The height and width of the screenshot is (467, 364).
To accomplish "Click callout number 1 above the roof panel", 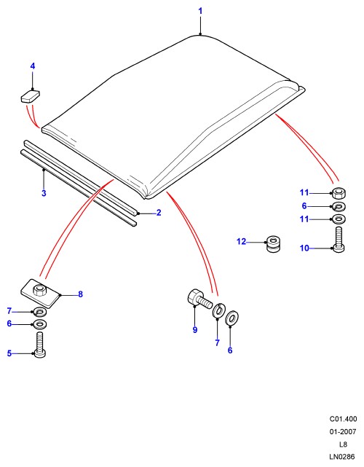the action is click(x=200, y=12).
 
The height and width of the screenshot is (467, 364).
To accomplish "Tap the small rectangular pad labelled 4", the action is click(x=30, y=95).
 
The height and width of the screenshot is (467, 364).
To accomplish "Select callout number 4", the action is click(x=33, y=66).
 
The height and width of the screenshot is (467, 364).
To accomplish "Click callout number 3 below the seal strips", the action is click(x=44, y=193).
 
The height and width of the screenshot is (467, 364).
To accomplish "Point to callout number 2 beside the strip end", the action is click(x=159, y=212).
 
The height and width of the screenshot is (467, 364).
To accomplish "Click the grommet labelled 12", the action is click(x=273, y=244).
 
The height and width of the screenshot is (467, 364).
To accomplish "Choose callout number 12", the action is click(x=242, y=241).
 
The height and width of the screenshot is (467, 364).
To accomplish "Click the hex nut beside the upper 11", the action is click(x=339, y=194).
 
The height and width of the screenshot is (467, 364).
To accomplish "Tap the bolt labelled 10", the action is click(x=339, y=240).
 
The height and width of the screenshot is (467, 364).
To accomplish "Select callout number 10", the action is click(x=304, y=248).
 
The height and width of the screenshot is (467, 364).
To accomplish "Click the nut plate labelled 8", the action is click(x=40, y=294).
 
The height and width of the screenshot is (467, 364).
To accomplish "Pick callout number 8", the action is click(x=80, y=294).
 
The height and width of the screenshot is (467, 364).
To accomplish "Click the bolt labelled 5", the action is click(x=40, y=345).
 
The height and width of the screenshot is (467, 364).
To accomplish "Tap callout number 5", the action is click(x=9, y=353).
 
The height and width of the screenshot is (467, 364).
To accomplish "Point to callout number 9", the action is click(x=195, y=330).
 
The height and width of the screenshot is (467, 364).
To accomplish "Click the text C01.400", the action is click(x=343, y=419).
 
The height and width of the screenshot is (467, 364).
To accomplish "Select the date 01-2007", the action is click(x=343, y=431).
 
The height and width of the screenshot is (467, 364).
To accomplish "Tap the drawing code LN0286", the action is click(x=342, y=456).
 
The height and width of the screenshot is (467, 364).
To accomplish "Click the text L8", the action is click(x=343, y=444).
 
